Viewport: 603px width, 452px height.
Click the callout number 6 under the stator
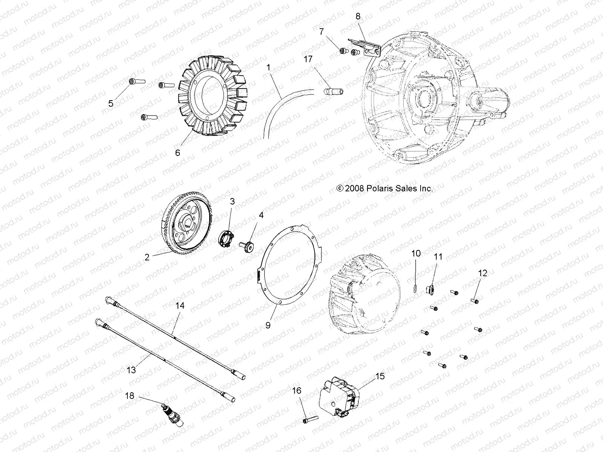(178, 153)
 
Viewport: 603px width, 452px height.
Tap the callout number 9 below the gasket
(268, 325)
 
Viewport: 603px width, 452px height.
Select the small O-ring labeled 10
(415, 288)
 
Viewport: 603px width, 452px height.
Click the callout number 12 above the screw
(483, 273)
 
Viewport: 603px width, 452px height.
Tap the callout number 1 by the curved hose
(279, 68)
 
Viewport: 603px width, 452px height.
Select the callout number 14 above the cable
(180, 305)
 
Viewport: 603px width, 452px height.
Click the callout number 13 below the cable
(131, 370)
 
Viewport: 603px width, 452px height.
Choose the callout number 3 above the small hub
(233, 202)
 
